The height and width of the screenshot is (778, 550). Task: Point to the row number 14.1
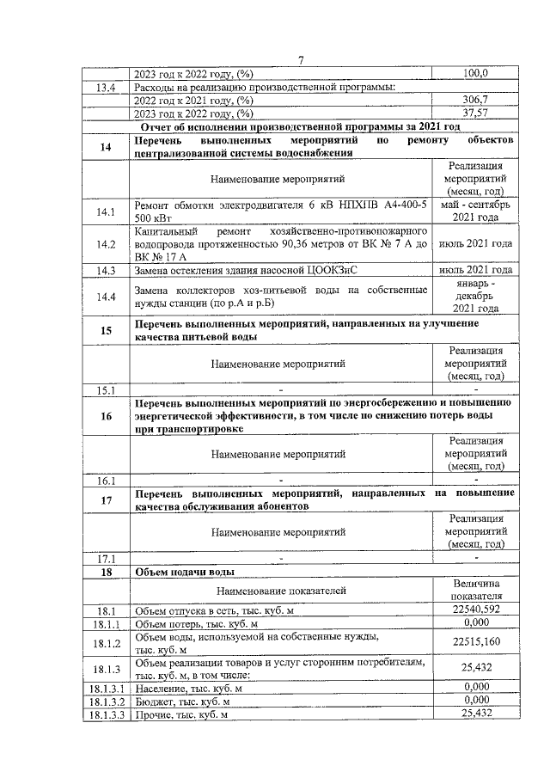(107, 211)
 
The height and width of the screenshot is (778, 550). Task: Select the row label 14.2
(107, 244)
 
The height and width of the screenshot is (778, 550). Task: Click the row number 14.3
(107, 270)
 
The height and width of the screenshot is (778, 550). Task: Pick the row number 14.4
(107, 297)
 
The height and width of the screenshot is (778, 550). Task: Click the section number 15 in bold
(107, 330)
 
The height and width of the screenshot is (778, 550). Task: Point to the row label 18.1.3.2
(107, 701)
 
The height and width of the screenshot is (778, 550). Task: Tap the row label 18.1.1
(107, 622)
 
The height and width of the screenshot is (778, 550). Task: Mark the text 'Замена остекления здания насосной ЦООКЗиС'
(246, 270)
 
